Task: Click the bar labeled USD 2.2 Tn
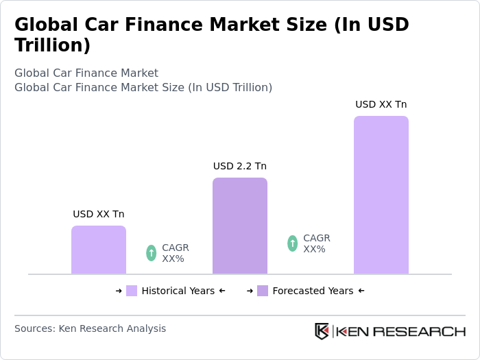pyautogui.click(x=240, y=226)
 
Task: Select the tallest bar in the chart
pyautogui.click(x=381, y=195)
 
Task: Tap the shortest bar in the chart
pyautogui.click(x=99, y=250)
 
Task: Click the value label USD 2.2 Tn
pyautogui.click(x=240, y=166)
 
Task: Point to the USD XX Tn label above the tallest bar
pyautogui.click(x=381, y=104)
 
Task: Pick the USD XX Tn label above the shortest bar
pyautogui.click(x=99, y=214)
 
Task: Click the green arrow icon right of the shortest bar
pyautogui.click(x=152, y=253)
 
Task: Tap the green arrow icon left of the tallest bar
pyautogui.click(x=293, y=243)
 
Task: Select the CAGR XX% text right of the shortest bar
pyautogui.click(x=176, y=253)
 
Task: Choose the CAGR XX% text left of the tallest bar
pyautogui.click(x=317, y=243)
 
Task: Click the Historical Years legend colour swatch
pyautogui.click(x=132, y=291)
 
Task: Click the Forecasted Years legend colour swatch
pyautogui.click(x=263, y=291)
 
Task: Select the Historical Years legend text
pyautogui.click(x=178, y=291)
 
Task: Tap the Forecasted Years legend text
pyautogui.click(x=313, y=291)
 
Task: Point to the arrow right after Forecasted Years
pyautogui.click(x=361, y=291)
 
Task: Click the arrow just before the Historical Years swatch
pyautogui.click(x=119, y=291)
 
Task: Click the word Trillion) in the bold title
pyautogui.click(x=53, y=46)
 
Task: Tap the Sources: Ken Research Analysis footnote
pyautogui.click(x=90, y=328)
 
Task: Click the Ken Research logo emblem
pyautogui.click(x=322, y=331)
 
